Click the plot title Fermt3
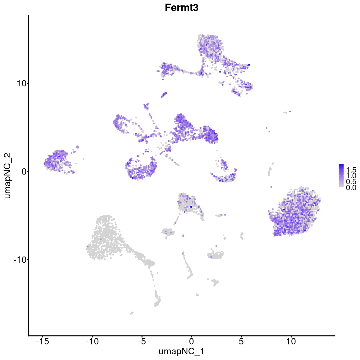click(x=181, y=8)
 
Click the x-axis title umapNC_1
click(x=181, y=351)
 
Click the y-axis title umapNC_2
click(x=8, y=175)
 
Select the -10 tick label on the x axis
click(x=92, y=341)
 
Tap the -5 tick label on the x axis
click(x=142, y=341)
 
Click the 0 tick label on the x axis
click(x=191, y=341)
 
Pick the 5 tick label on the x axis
click(x=241, y=341)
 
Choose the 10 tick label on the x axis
click(x=291, y=341)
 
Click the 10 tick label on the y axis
click(x=20, y=83)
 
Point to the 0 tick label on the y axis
click(x=23, y=171)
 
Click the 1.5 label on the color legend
click(x=351, y=169)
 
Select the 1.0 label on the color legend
click(x=351, y=175)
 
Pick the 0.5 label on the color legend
click(x=351, y=181)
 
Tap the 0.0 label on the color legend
click(x=351, y=188)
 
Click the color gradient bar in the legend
click(x=341, y=176)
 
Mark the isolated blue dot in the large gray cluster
click(x=101, y=239)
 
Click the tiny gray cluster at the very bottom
click(x=131, y=313)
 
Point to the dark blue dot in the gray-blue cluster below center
click(x=191, y=207)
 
